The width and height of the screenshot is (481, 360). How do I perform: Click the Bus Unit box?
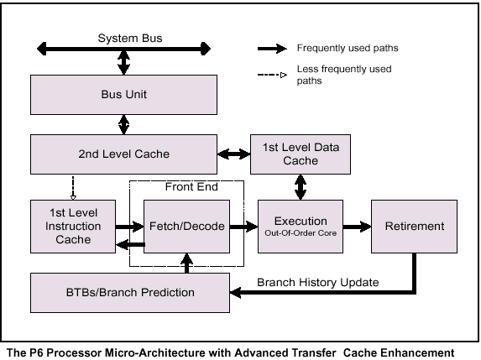pos(123,95)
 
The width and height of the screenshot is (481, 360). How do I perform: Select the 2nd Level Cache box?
pos(123,154)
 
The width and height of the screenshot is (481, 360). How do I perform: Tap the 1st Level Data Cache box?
pos(301,154)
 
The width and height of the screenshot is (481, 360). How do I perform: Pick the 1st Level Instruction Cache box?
pos(73,227)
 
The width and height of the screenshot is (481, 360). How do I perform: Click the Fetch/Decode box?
pos(187,227)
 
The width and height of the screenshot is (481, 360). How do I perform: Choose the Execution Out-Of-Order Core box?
pos(301,227)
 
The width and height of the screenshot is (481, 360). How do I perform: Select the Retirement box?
pos(414,227)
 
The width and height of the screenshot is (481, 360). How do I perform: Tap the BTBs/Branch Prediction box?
pos(130,293)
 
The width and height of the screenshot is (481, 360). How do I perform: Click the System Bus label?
pos(130,38)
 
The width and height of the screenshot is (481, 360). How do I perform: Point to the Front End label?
pos(191,186)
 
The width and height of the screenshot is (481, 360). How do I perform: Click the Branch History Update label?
pos(318,282)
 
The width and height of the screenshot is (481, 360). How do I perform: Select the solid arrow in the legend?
pos(272,49)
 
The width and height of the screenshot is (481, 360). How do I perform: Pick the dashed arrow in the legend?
pos(272,75)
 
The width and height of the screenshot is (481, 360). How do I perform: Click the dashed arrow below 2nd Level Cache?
pos(73,188)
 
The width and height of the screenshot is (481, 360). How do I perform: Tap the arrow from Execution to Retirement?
pos(357,227)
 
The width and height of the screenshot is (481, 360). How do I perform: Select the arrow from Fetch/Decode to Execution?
pos(243,227)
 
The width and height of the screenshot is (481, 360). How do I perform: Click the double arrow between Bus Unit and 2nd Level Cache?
pos(123,124)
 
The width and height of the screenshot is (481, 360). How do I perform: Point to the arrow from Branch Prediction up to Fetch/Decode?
pos(187,263)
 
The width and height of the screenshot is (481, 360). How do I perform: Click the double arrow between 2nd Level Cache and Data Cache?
pos(233,154)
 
